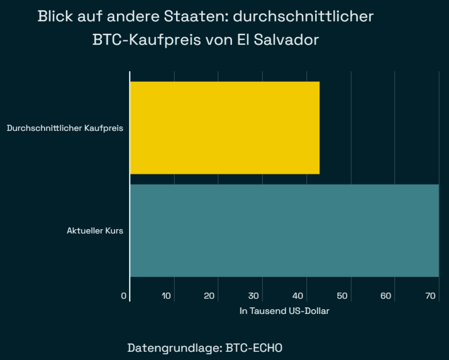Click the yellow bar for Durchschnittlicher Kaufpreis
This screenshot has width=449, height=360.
224,127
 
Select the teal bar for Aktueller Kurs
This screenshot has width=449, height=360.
284,230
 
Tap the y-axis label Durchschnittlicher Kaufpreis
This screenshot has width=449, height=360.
65,127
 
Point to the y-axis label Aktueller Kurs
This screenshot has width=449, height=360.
95,230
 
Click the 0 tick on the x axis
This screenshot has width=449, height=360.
124,296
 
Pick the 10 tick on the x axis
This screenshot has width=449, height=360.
167,296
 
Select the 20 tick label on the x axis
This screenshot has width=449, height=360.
210,296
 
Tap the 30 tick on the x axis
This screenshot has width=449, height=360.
254,296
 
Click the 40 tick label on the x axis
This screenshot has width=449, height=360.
298,296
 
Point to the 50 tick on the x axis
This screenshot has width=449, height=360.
342,296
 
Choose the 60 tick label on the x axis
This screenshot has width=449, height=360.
386,296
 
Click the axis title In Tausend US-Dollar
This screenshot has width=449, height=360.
284,311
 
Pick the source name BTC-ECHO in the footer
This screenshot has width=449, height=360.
254,348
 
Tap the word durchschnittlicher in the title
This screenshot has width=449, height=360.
303,16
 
